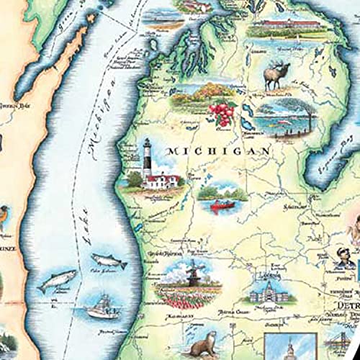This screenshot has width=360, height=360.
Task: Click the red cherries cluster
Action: [x=220, y=112]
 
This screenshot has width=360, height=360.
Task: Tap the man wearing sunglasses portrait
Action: [x=342, y=256]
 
